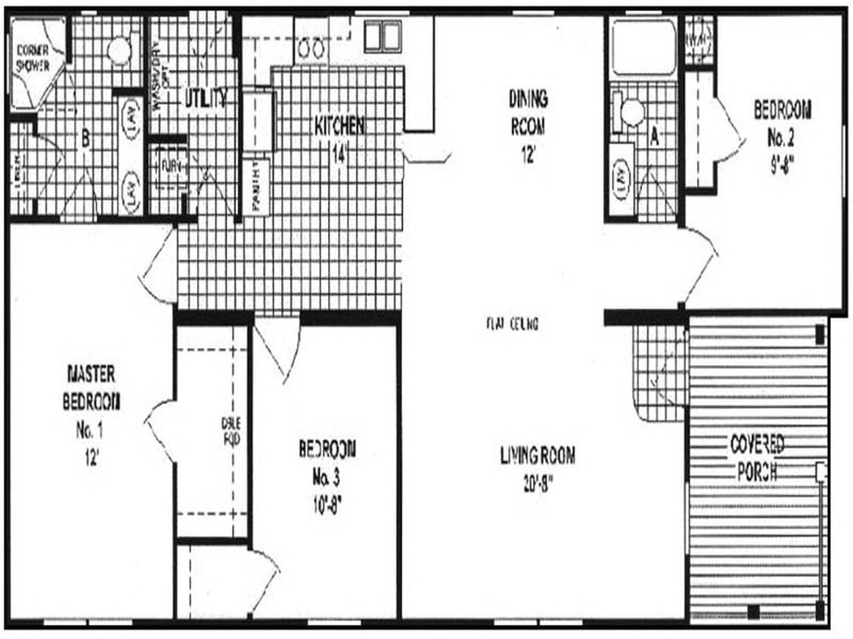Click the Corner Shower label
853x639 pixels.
point(32,58)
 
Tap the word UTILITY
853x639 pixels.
point(204,99)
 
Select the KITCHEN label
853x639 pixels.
point(339,126)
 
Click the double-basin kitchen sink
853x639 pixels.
point(382,36)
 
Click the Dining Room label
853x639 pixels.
point(528,113)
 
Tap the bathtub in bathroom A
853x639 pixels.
point(643,47)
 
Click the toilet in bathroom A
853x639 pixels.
point(631,111)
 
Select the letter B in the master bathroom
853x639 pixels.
point(85,139)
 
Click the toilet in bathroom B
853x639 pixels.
point(119,51)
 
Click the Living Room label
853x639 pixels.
point(537,456)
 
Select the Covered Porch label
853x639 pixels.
point(757,458)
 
